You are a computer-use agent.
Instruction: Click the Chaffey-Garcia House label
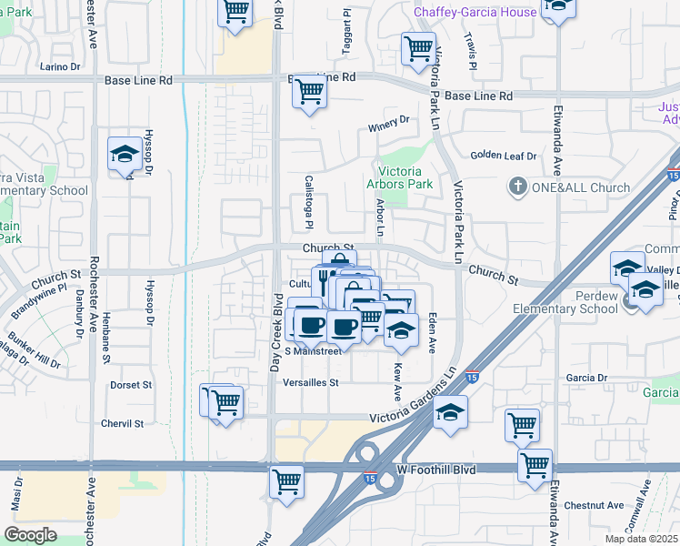474,12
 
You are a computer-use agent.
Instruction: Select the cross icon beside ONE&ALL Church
518,187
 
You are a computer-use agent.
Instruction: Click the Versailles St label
311,383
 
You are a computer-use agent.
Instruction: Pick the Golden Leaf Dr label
503,156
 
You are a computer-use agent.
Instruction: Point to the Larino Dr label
61,66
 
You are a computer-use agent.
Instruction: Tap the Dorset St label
131,385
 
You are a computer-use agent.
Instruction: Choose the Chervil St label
123,424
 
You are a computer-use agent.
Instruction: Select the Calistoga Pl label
308,214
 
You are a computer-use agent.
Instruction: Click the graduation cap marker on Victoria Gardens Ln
450,412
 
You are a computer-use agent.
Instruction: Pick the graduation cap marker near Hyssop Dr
125,154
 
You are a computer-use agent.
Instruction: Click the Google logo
30,535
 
